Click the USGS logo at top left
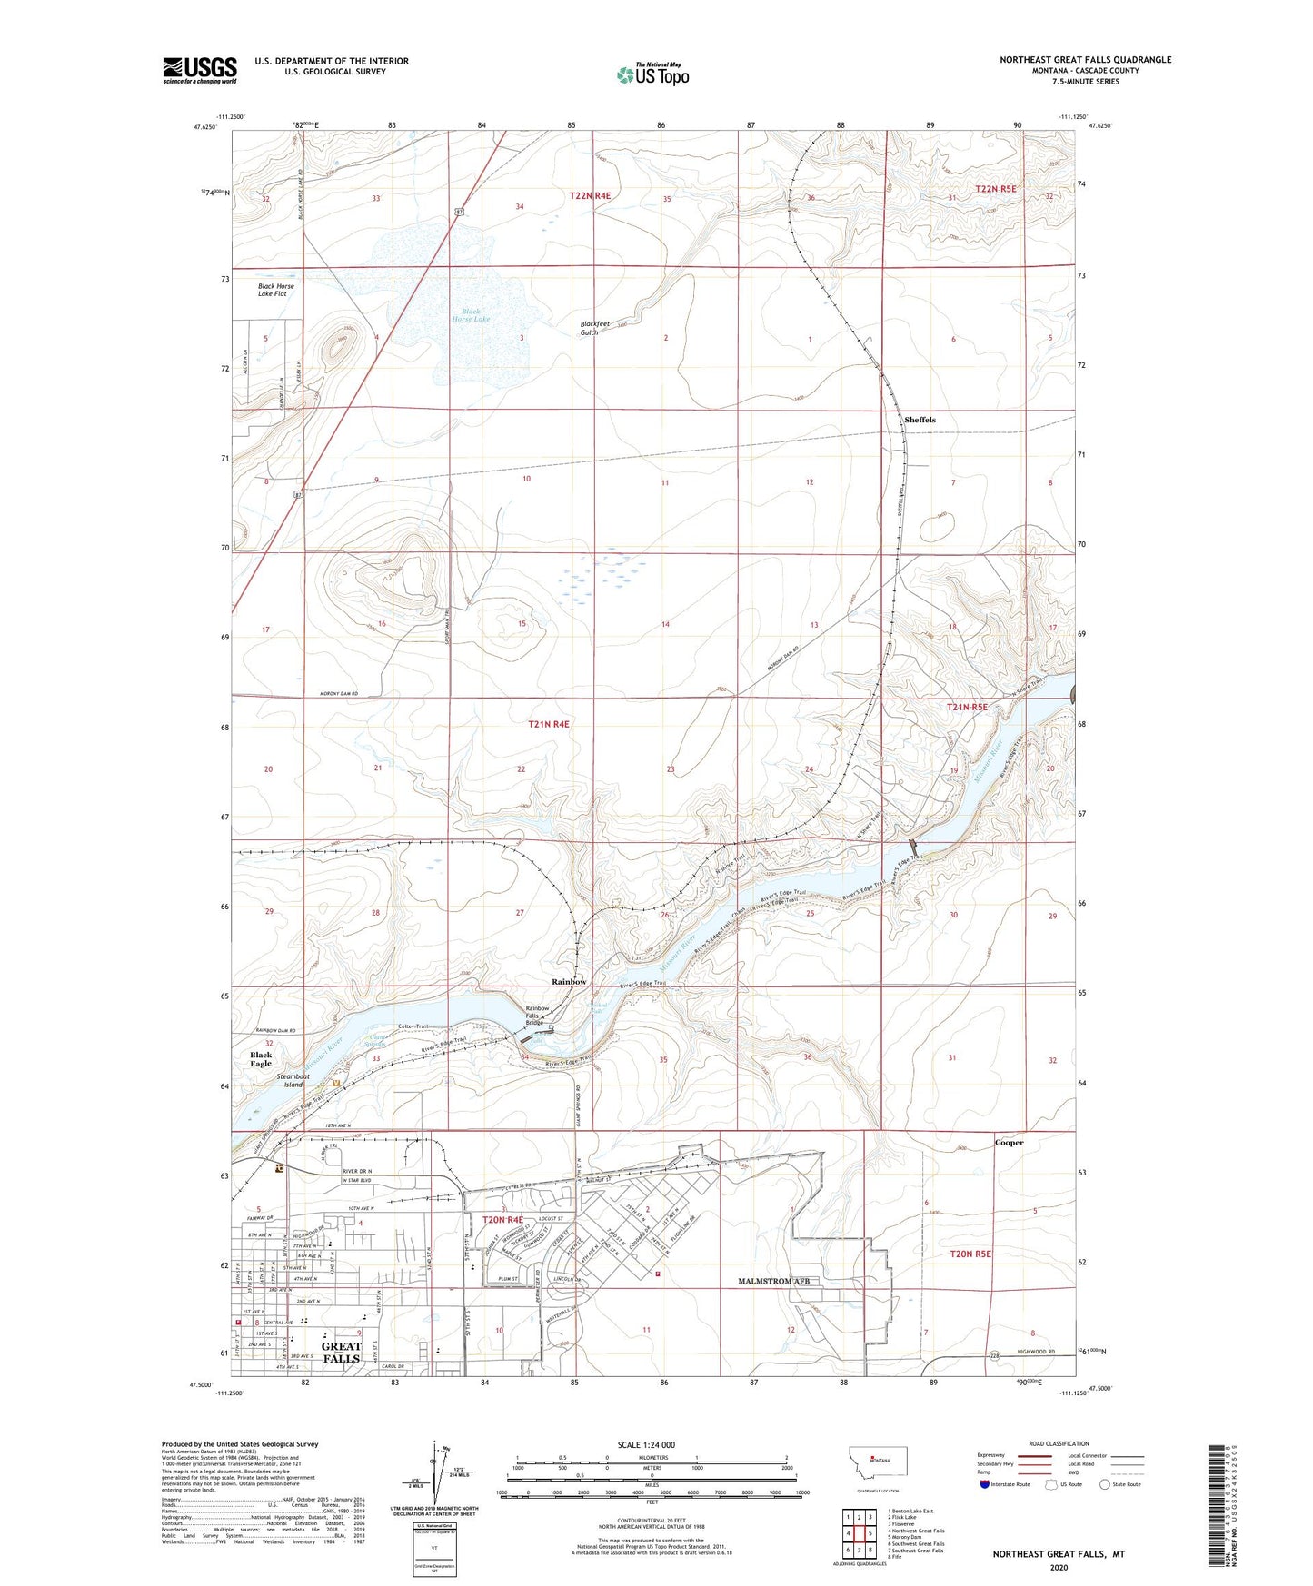(x=200, y=69)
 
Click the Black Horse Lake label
(x=471, y=315)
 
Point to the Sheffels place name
(x=920, y=420)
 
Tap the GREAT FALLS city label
(x=341, y=1353)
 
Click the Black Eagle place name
(x=261, y=1059)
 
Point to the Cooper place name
(x=1009, y=1143)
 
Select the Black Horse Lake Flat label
(x=276, y=290)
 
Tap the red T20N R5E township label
(x=970, y=1254)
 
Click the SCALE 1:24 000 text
(x=646, y=1445)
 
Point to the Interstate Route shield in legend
(x=986, y=1485)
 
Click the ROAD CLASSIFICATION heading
(x=1059, y=1443)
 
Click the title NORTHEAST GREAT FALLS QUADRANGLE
(x=1085, y=60)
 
